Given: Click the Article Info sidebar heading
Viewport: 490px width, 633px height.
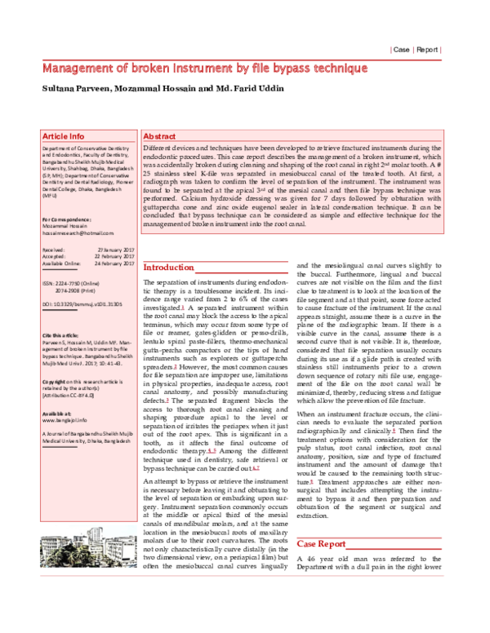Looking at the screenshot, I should pos(63,136).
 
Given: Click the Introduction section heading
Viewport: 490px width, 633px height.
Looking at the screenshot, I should pos(169,268).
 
